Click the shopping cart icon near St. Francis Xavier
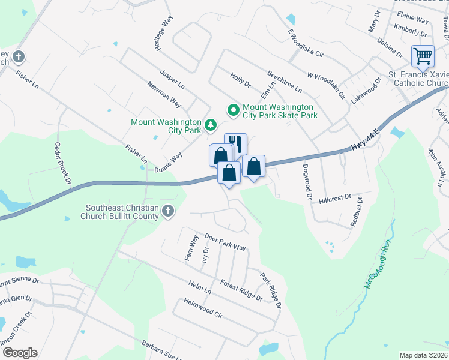click(423, 57)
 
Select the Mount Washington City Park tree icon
click(210, 125)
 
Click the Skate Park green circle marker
click(233, 110)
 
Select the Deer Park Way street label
click(225, 242)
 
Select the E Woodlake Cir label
click(306, 43)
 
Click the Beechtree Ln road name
click(285, 80)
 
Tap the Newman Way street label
click(164, 93)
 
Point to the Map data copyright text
click(423, 355)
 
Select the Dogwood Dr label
click(307, 181)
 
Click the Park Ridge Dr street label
click(271, 291)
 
